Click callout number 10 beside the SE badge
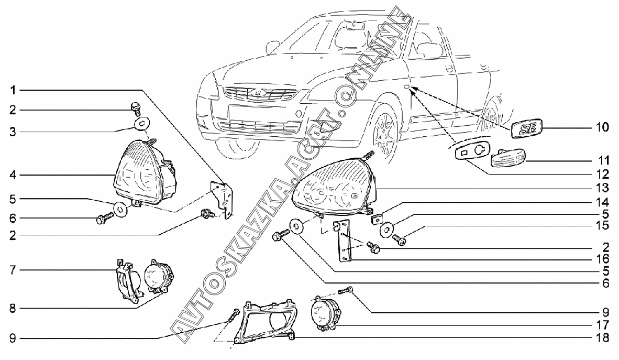pos(602,127)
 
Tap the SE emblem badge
pos(527,129)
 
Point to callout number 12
pos(602,174)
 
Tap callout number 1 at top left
pos(13,91)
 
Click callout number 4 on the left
pos(13,174)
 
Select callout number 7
pos(13,270)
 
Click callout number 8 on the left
pos(13,308)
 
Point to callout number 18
pos(602,339)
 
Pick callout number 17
pos(602,325)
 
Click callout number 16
pos(602,259)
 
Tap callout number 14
pos(602,202)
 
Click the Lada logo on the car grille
pos(257,92)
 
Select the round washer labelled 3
pos(140,123)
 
